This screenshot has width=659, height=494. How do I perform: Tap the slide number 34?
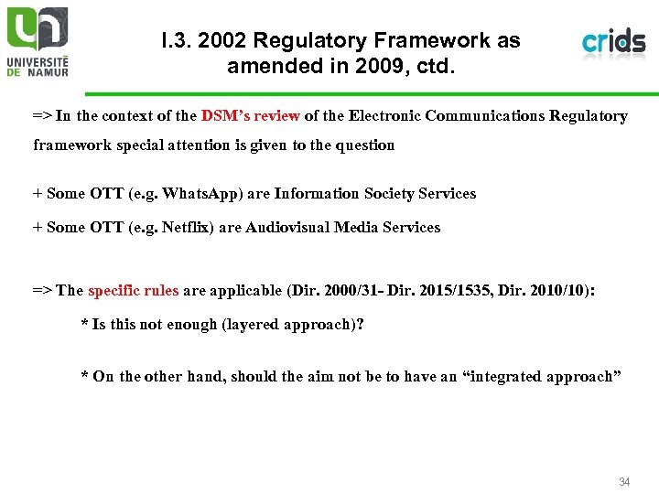click(x=624, y=482)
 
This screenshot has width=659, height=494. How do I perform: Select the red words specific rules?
click(x=133, y=291)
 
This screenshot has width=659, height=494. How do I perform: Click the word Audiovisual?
click(x=288, y=227)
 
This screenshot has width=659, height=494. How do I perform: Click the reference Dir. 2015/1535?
click(x=444, y=291)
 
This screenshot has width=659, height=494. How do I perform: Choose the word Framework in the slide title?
click(x=439, y=41)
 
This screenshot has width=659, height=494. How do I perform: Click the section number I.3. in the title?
click(x=178, y=41)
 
